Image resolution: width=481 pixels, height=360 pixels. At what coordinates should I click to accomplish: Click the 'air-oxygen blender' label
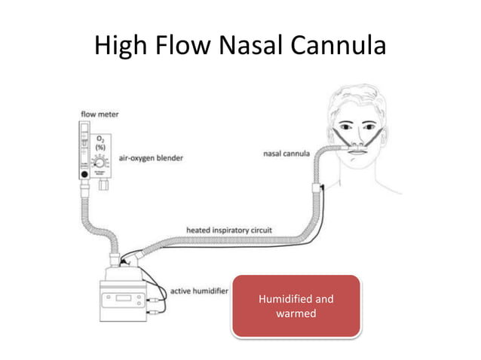click(151, 158)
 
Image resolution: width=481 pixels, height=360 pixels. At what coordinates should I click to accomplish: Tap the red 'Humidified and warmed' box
click(296, 307)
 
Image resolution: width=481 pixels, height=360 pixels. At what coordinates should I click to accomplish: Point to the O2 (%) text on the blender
click(99, 144)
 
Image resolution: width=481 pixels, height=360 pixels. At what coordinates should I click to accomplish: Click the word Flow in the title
click(180, 47)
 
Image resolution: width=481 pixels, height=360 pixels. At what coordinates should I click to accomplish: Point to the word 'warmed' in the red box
click(296, 313)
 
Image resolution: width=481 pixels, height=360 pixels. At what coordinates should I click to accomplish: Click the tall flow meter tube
click(83, 147)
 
